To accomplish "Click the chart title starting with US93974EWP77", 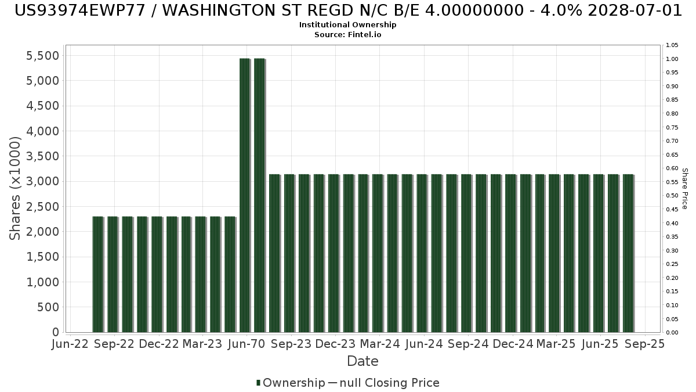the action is pos(348,10).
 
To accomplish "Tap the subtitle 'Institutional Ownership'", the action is pos(347,25).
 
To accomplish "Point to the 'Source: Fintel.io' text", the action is pos(347,34).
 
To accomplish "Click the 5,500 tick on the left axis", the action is pos(42,56).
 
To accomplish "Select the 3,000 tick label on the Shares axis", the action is pos(42,181).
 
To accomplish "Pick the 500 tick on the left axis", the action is pos(48,307).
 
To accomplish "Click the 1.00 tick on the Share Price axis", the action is pos(672,59).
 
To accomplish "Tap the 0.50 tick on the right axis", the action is pos(672,196).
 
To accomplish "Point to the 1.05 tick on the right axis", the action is pos(672,45).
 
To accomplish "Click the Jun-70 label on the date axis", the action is pos(246,344).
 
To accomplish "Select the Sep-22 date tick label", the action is pos(114,344).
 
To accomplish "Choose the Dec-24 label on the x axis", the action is pos(513,344).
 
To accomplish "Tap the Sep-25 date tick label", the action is pos(645,344).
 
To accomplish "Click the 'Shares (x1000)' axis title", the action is pos(15,188).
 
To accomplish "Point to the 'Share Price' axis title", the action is pos(685,189).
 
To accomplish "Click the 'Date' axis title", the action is pos(362,361).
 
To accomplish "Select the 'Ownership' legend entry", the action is pos(291,383).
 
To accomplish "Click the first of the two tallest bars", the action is pos(245,195).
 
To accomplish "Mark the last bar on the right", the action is pos(628,253).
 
